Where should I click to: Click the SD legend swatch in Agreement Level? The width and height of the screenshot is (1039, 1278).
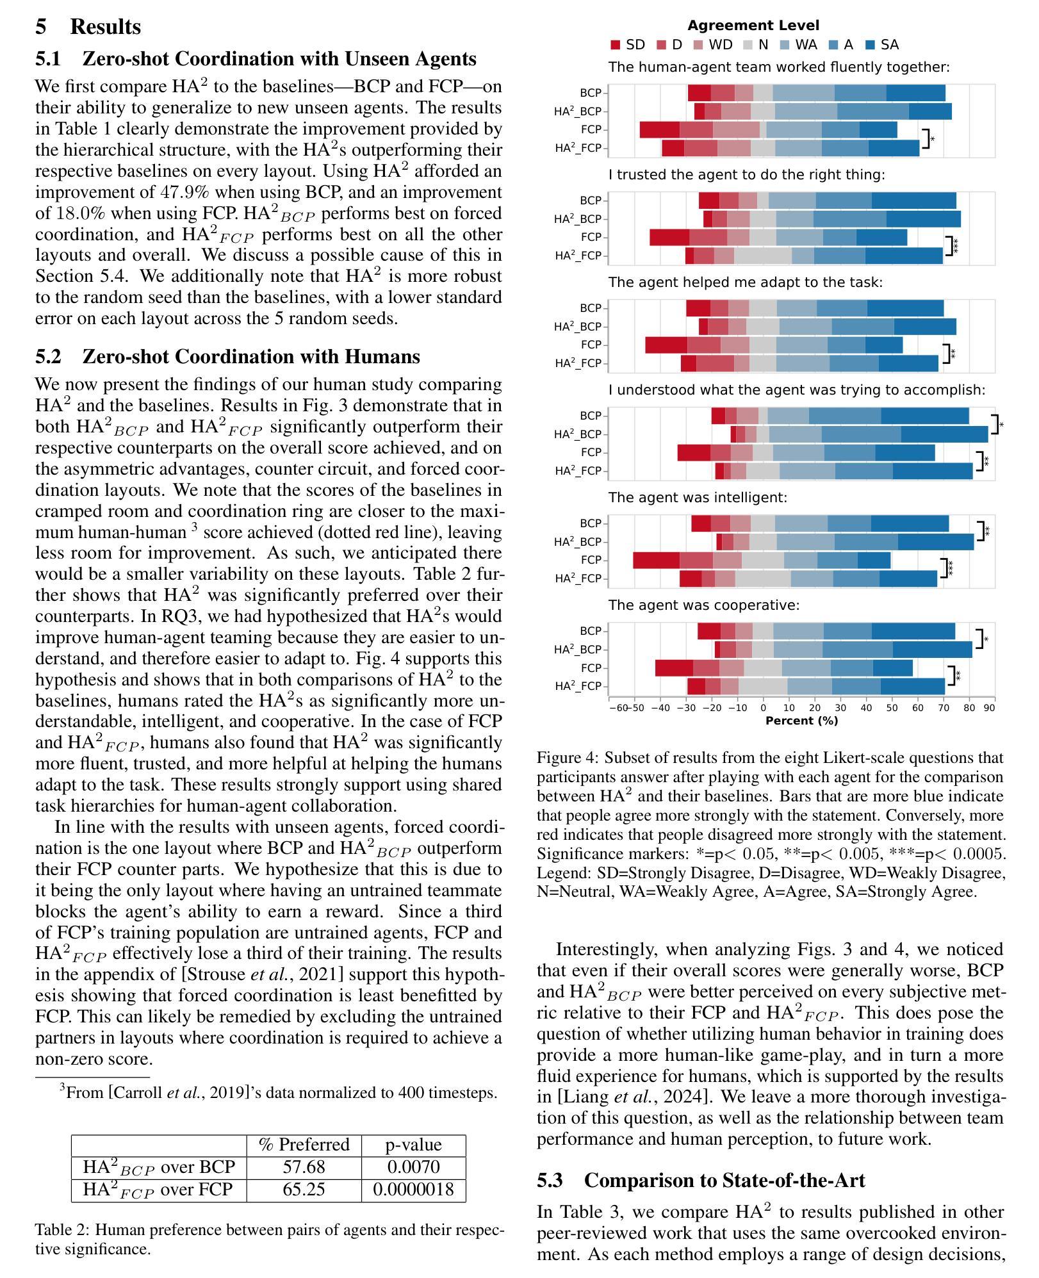coord(616,45)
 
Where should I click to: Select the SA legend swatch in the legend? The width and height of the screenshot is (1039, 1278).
coord(871,45)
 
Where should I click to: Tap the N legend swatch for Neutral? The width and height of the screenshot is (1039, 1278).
coord(748,45)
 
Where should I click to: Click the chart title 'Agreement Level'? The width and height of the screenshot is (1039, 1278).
coord(753,26)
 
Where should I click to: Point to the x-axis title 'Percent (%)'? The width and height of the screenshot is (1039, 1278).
coord(801,720)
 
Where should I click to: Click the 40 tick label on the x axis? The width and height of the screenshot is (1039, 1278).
coord(866,708)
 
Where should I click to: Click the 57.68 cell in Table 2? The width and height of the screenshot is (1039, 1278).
coord(304,1167)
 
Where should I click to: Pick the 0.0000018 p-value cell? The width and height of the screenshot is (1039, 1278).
coord(413,1190)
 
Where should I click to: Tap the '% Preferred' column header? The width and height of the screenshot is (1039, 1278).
coord(304,1144)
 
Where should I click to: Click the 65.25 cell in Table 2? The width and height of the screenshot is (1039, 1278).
coord(304,1190)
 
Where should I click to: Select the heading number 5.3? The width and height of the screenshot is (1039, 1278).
coord(550,1180)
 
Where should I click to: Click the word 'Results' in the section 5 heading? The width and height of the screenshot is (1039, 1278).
coord(105,27)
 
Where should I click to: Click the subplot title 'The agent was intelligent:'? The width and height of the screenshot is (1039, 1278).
coord(698,497)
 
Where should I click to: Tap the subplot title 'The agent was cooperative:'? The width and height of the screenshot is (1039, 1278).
coord(704,605)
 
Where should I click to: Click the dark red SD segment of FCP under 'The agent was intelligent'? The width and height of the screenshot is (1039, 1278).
coord(656,560)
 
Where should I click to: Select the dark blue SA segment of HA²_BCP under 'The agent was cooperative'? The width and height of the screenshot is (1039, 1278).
coord(932,649)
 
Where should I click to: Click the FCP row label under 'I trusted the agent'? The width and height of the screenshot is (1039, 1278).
coord(591,237)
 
